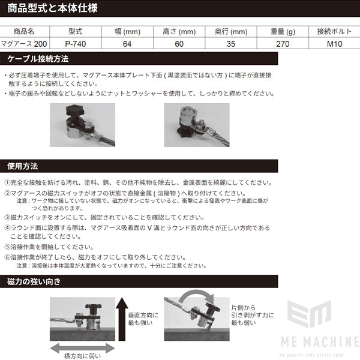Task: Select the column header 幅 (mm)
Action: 127,32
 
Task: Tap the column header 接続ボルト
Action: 329,32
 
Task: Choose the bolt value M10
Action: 329,44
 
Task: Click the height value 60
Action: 179,44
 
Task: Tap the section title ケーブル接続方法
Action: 38,59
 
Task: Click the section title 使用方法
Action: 23,166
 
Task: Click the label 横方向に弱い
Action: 82,355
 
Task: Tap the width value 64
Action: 127,44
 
